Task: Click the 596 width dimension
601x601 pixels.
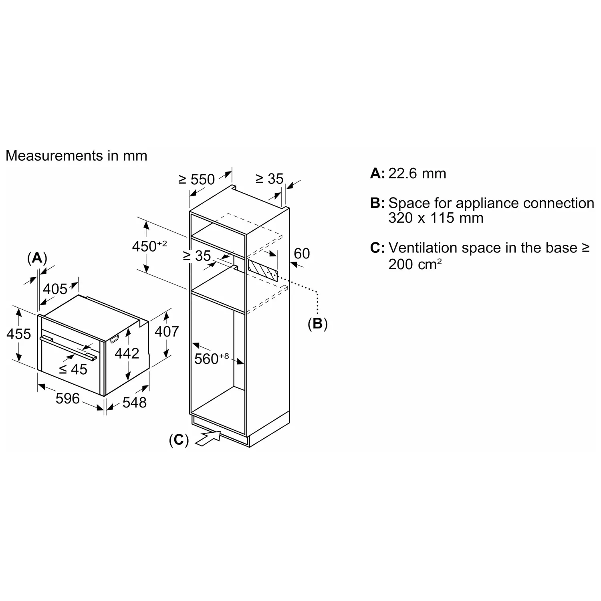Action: click(x=67, y=398)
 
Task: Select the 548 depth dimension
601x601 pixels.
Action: click(x=135, y=402)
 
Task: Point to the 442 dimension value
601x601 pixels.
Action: click(x=127, y=353)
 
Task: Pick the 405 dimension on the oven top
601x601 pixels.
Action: click(x=55, y=288)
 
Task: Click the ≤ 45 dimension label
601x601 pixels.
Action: click(x=73, y=369)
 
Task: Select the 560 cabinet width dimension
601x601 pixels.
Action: click(x=212, y=358)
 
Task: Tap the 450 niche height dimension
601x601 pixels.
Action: click(x=149, y=246)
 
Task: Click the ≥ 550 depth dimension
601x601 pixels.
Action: click(x=197, y=179)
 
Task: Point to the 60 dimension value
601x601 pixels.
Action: click(x=302, y=253)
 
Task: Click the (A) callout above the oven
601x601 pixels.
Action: click(x=37, y=258)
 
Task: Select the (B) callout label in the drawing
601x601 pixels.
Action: click(x=317, y=323)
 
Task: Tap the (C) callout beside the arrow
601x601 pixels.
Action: click(x=179, y=440)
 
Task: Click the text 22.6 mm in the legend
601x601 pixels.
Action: click(x=417, y=173)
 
